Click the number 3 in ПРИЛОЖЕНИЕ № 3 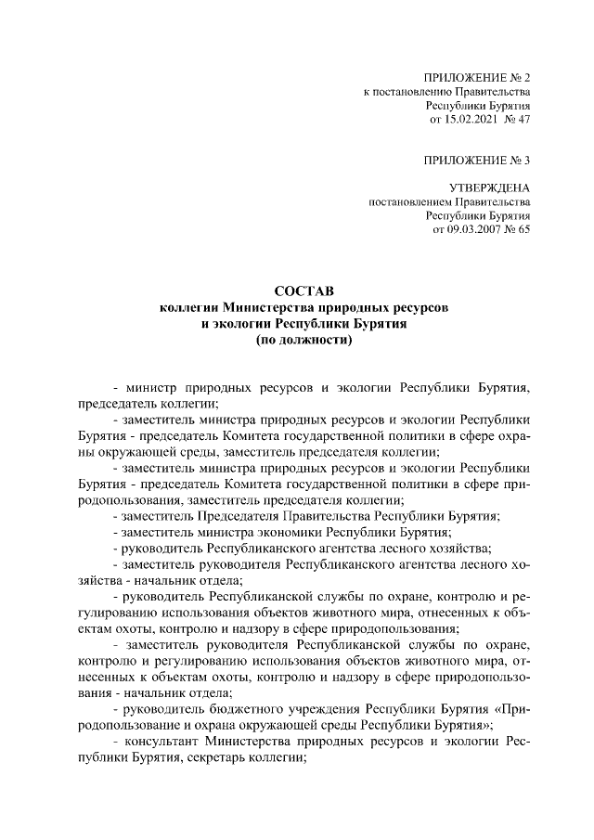(x=527, y=161)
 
